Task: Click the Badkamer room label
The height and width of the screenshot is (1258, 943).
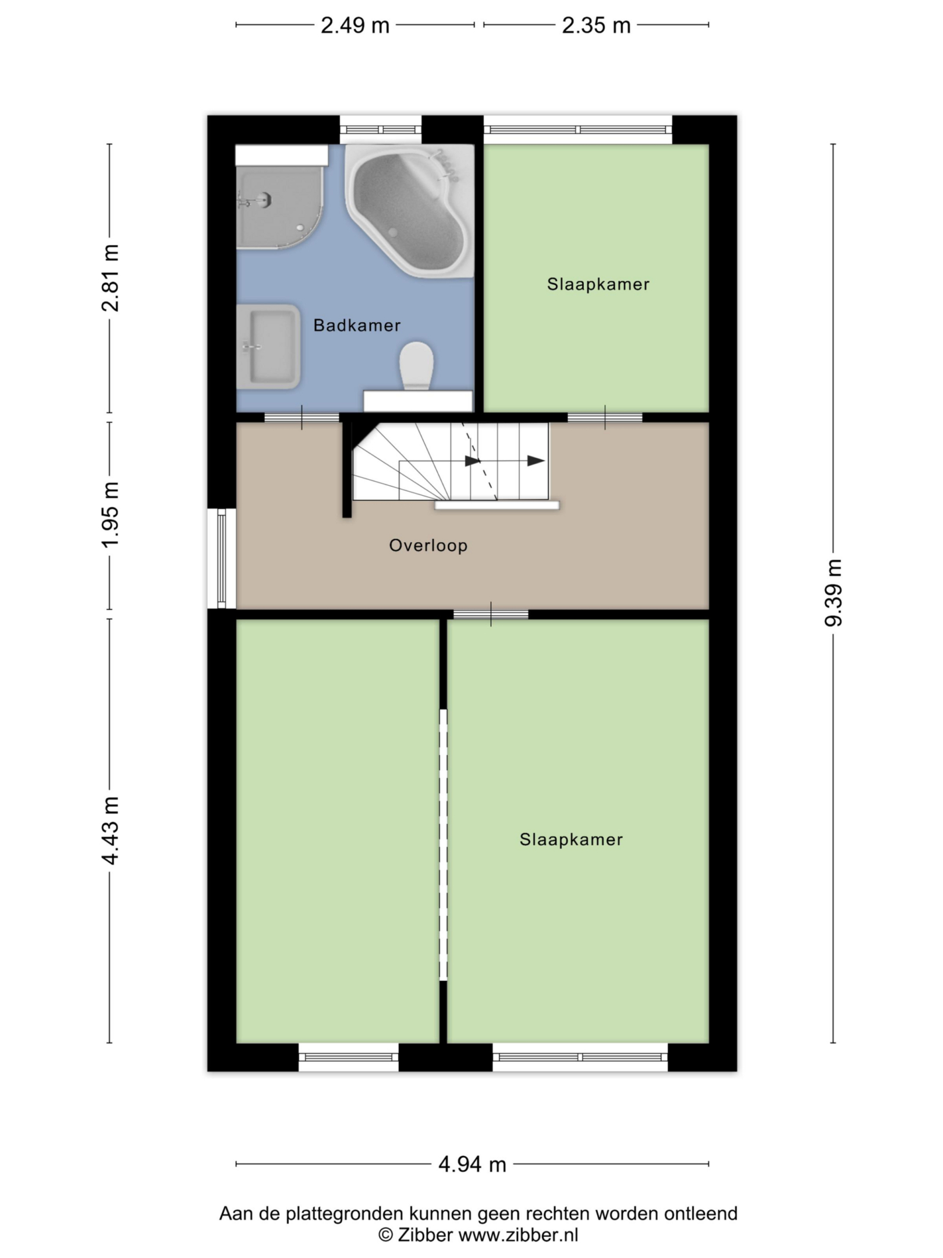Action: [x=357, y=325]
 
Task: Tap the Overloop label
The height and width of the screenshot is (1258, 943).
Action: [x=428, y=545]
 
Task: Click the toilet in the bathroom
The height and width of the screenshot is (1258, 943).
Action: [x=417, y=366]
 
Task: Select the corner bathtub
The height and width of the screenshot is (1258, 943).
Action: [x=410, y=211]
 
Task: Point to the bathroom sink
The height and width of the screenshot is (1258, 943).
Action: [x=268, y=347]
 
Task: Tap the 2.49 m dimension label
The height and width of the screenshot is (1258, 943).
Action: [x=355, y=26]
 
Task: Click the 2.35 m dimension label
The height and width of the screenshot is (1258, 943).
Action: [x=596, y=26]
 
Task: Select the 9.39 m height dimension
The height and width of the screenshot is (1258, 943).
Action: [x=833, y=593]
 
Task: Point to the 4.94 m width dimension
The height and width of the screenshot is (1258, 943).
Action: [x=472, y=1164]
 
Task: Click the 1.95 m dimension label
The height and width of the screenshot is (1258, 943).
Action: [x=110, y=514]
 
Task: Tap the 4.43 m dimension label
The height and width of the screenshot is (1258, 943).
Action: [x=110, y=831]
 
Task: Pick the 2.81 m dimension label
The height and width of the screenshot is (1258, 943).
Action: [x=110, y=278]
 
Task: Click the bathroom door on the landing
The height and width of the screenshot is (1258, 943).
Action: [x=302, y=417]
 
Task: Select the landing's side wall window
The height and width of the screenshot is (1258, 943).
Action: [x=222, y=559]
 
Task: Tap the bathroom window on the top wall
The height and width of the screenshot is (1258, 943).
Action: [x=381, y=130]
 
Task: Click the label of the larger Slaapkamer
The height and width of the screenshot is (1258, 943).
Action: [x=571, y=839]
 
